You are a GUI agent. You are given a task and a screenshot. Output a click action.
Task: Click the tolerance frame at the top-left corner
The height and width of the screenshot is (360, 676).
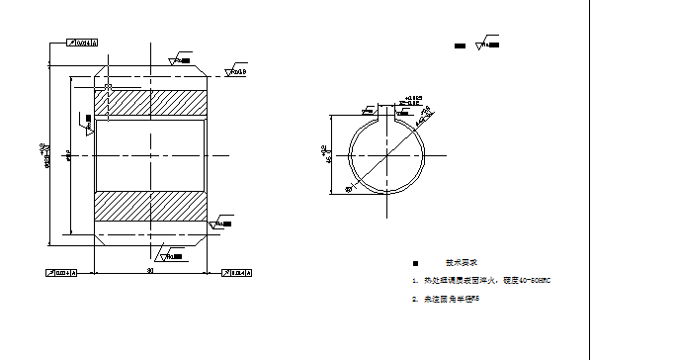coord(82,44)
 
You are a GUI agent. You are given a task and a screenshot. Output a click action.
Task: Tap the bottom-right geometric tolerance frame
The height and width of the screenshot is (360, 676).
coord(237,272)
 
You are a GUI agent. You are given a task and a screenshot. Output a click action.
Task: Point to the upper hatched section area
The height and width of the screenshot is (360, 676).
coord(150,102)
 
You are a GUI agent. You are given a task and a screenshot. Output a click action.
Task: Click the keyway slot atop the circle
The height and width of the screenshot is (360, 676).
coord(385,112)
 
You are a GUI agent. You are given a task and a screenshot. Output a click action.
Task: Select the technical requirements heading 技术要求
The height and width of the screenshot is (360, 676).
coord(461,263)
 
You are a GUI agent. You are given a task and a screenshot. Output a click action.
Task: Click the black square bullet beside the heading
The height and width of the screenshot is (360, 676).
coord(415,263)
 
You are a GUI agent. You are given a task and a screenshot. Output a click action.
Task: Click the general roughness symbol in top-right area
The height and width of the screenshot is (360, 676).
coord(486,44)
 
